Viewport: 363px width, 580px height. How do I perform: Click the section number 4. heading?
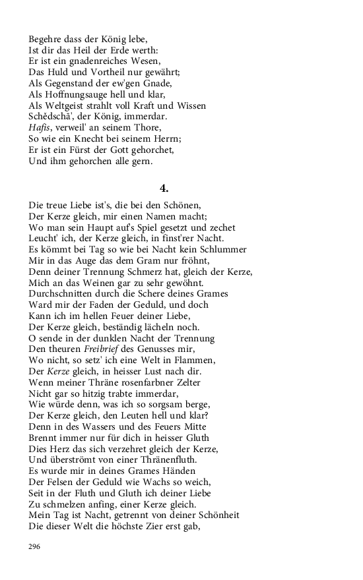164,188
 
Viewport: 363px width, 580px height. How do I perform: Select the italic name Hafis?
40,127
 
